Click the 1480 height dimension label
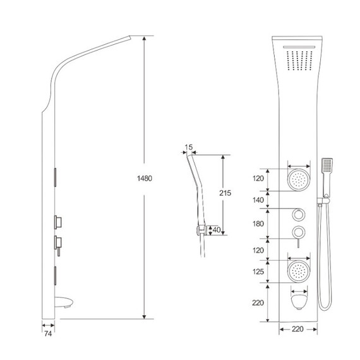pos(145,178)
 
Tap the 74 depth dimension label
pos(48,333)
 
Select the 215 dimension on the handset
pos(225,193)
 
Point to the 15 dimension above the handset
pos(189,147)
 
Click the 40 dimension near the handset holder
pos(217,230)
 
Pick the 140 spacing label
pos(258,200)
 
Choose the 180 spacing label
pos(258,224)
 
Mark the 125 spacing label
pos(258,272)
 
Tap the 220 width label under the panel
pos(297,329)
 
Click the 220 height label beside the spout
pos(258,303)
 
